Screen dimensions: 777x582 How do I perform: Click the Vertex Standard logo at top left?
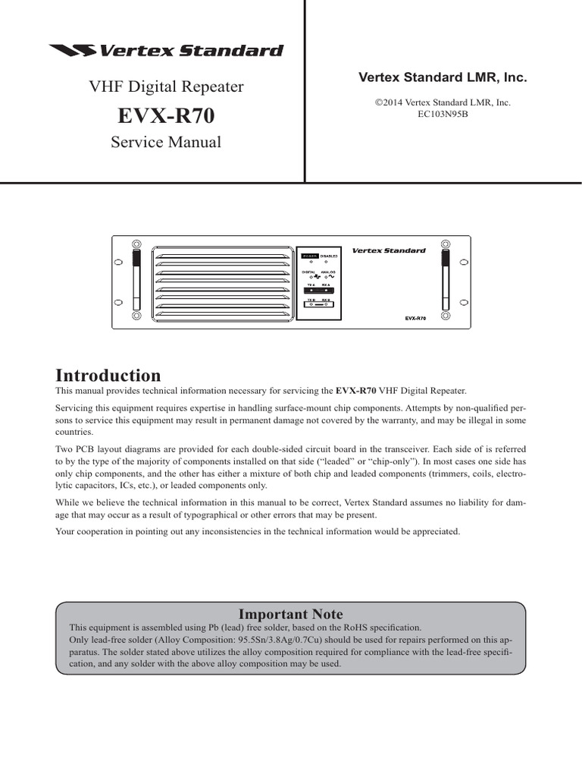[165, 52]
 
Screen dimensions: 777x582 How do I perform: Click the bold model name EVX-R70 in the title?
[166, 115]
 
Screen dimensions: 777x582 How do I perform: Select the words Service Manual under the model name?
[166, 142]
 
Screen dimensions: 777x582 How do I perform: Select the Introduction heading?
[108, 376]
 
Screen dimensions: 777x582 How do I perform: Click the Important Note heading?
[291, 614]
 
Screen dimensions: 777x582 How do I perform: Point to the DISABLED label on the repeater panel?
[329, 256]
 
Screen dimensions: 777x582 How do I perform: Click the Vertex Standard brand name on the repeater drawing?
[388, 250]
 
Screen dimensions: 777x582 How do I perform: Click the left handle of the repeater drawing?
[136, 282]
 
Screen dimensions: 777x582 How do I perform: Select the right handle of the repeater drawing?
[444, 282]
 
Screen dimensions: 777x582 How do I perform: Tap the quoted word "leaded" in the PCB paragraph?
[346, 460]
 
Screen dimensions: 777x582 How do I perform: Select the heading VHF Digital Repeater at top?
[167, 87]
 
